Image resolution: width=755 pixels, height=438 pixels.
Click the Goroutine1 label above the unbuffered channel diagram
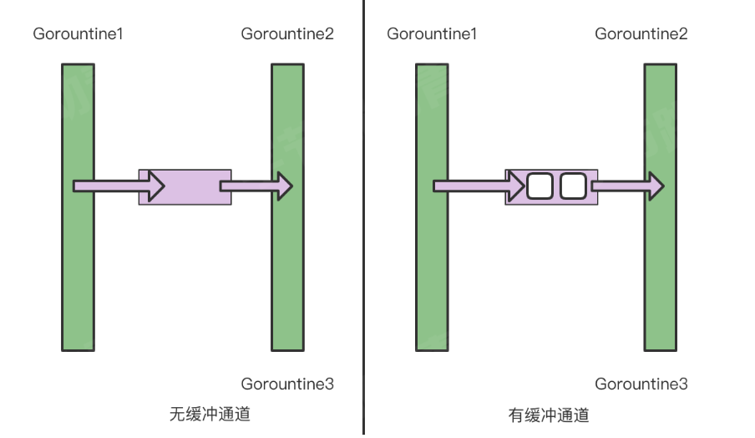click(79, 34)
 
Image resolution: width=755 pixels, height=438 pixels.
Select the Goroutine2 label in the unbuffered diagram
click(287, 34)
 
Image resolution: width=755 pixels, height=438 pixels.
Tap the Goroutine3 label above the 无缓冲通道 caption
click(287, 384)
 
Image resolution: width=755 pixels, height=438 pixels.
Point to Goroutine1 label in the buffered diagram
click(432, 34)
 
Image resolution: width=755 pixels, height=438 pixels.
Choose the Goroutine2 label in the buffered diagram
click(641, 34)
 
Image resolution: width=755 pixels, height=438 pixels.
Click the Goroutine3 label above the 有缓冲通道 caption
click(641, 384)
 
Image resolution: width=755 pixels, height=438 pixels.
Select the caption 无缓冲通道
click(210, 414)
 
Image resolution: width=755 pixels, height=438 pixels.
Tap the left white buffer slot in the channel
click(540, 186)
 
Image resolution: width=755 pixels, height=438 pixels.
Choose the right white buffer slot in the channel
click(572, 186)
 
